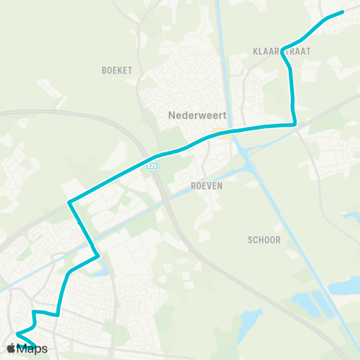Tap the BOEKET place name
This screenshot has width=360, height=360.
point(116,70)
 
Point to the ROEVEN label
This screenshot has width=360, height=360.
point(206,186)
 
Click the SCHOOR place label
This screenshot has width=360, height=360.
point(264,240)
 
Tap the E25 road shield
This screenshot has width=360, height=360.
point(152,169)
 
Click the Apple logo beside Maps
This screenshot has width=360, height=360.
point(11,349)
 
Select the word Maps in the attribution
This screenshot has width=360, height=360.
point(32,349)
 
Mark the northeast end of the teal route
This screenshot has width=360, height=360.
point(342,12)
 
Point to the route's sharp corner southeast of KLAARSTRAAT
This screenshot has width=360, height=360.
point(295,123)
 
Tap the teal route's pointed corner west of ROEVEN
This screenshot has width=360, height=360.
point(69,202)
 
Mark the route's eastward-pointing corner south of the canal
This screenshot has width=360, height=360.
point(99,256)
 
